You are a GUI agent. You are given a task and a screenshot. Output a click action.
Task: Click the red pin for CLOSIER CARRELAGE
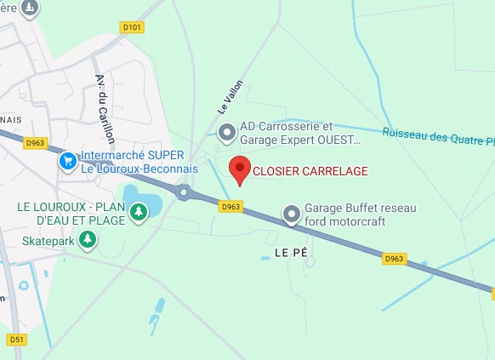point(240,168)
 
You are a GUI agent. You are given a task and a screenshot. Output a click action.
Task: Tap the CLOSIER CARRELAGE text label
point(310,172)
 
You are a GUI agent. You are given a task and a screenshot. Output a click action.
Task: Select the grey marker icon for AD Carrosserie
point(227,132)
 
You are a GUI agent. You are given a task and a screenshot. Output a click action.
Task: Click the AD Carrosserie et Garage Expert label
point(300,133)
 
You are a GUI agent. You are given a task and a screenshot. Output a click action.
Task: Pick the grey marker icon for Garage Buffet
point(292,214)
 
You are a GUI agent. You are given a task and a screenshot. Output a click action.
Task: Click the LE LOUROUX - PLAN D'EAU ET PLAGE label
point(70,214)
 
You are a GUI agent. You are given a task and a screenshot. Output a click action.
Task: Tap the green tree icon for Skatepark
point(87,241)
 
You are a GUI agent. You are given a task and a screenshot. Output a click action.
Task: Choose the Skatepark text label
point(48,241)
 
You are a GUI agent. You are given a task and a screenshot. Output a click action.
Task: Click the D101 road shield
point(132,27)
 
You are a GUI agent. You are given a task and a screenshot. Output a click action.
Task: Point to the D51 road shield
point(16,339)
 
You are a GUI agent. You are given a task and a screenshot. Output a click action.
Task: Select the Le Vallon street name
point(230,96)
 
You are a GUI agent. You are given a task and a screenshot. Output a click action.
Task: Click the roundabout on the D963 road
point(184,193)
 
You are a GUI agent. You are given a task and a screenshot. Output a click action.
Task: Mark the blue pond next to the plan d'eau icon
point(143,201)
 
